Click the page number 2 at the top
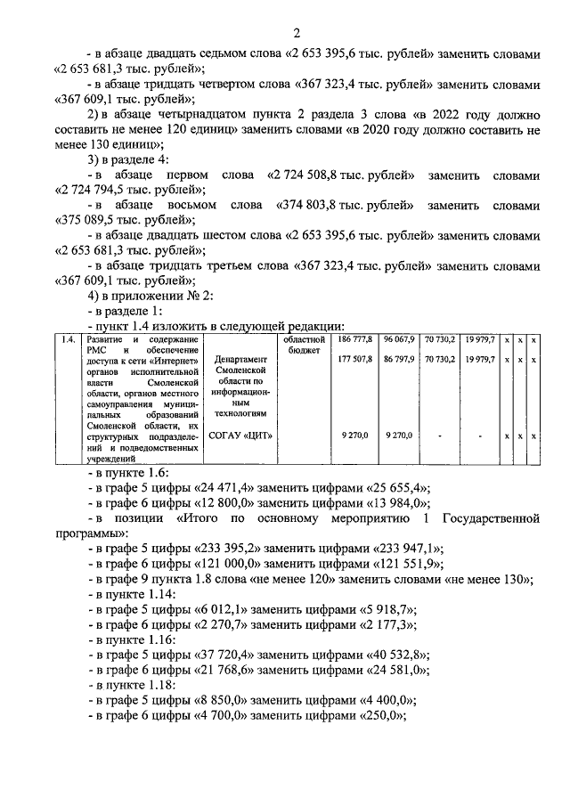(295, 33)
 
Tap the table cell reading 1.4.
(66, 340)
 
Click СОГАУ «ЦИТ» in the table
(240, 436)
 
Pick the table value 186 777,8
(355, 340)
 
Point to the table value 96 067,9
(399, 340)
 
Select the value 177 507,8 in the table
(355, 360)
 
